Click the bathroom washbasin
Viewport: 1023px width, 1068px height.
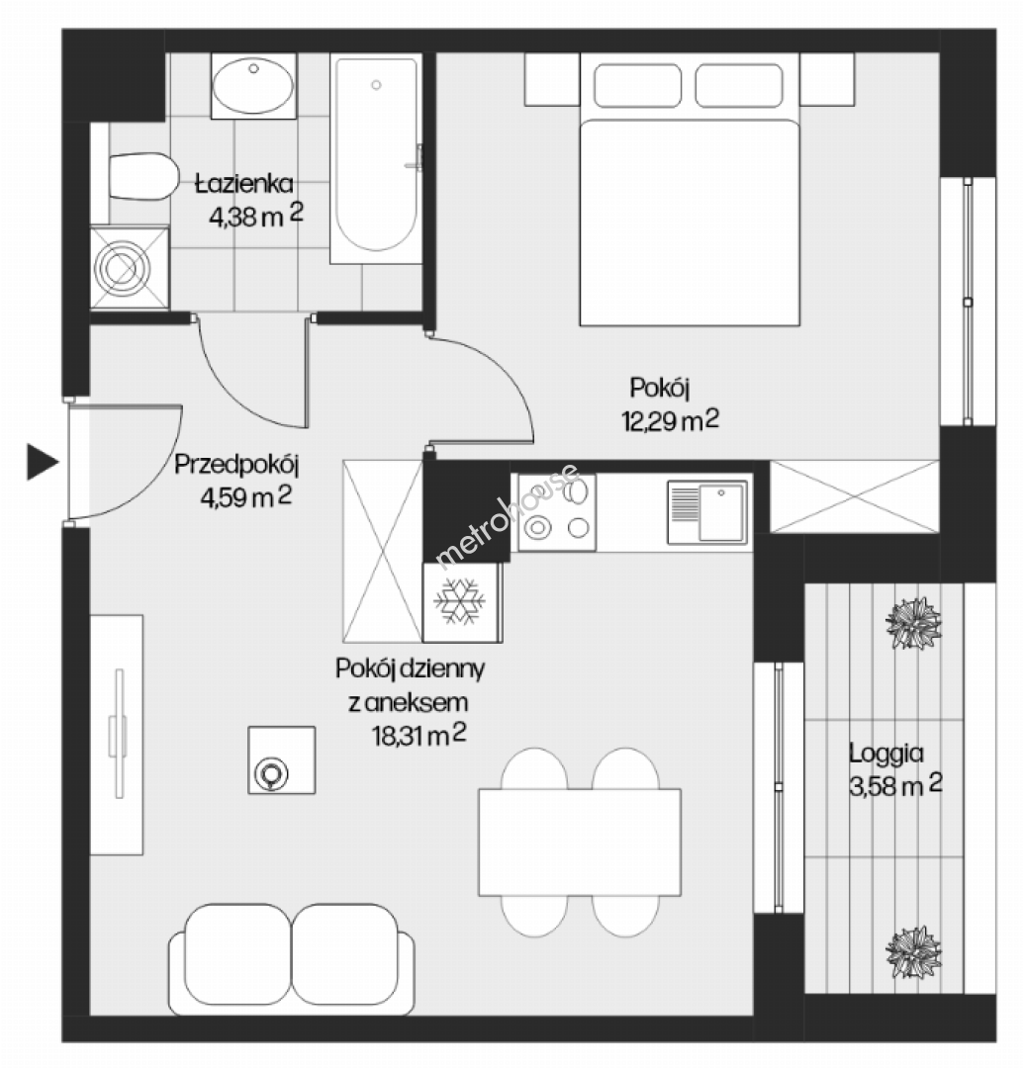253,86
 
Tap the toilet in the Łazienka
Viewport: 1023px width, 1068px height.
140,176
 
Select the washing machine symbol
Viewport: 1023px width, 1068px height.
129,268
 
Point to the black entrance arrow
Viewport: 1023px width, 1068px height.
43,462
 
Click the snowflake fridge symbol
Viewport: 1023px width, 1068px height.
459,601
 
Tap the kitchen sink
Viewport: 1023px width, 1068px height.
707,511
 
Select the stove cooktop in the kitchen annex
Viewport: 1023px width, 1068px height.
557,512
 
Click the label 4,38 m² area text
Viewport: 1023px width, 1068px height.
255,216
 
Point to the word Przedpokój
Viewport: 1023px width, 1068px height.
236,465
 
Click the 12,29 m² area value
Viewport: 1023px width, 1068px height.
670,420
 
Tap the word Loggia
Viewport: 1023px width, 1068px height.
886,754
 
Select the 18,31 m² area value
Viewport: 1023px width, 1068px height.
418,735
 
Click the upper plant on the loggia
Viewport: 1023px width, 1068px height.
913,623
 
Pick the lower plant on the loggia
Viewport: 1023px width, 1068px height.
913,952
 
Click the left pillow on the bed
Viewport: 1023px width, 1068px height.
637,86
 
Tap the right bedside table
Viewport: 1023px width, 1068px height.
827,80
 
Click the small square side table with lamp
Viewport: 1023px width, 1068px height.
282,760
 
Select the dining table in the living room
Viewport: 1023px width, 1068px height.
580,842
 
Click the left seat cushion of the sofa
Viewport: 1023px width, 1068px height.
237,953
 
